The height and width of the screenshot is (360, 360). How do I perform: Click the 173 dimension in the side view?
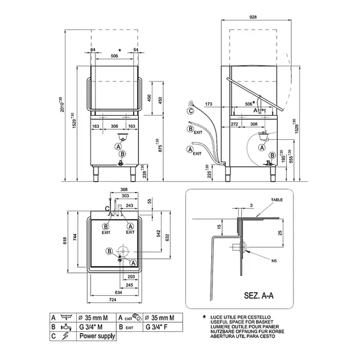click(x=208, y=104)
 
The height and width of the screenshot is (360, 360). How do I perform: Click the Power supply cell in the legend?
click(x=97, y=337)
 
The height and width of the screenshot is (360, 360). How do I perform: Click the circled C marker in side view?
click(x=190, y=110)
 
